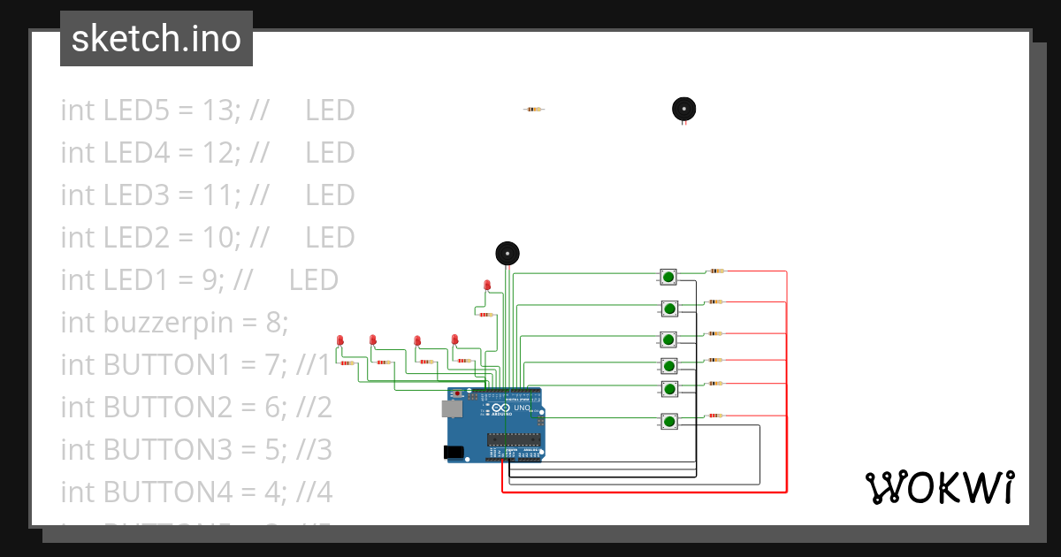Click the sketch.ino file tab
coord(156,39)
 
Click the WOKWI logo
coord(939,488)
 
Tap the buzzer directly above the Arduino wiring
coord(508,253)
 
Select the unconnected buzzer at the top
coord(683,109)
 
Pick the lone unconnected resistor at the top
coord(533,110)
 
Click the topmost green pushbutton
coord(668,277)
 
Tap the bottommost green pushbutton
coord(669,422)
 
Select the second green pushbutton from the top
coord(669,309)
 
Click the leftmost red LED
coord(340,340)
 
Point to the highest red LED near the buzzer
coord(487,284)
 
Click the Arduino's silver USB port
coord(452,408)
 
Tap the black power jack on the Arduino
coord(454,452)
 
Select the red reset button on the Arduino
coord(456,393)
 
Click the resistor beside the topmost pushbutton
coord(716,271)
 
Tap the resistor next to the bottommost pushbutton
coord(714,416)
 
